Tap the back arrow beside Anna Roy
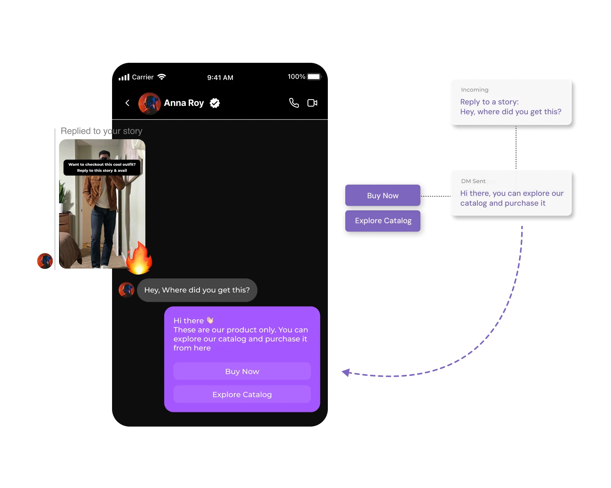pos(128,103)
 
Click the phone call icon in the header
pos(294,103)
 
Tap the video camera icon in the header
pos(312,103)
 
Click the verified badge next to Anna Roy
pos(215,103)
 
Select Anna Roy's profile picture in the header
pos(150,103)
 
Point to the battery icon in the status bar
pos(314,77)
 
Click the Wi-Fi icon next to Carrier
pos(162,77)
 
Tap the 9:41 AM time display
pos(220,78)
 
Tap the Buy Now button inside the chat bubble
pos(242,371)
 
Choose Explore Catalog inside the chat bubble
pos(242,395)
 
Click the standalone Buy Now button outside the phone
pos(383,196)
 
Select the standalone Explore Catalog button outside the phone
pos(383,221)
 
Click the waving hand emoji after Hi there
pos(210,320)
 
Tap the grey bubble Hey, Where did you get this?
pos(197,290)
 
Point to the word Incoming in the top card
pos(475,90)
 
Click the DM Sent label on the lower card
pos(473,181)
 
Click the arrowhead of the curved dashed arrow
pos(345,372)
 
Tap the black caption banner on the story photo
pos(102,167)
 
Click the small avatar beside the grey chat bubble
pos(126,290)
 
